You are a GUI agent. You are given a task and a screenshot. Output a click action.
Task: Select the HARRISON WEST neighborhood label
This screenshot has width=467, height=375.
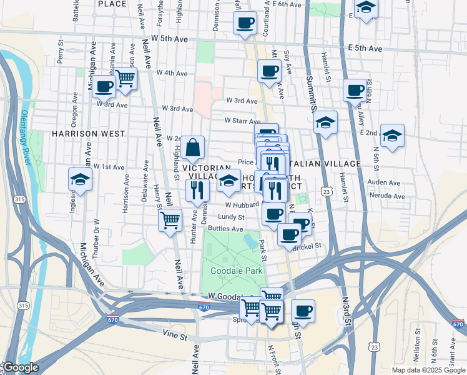click(88, 134)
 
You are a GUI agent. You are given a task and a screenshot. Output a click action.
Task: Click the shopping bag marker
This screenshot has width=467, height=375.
click(193, 148)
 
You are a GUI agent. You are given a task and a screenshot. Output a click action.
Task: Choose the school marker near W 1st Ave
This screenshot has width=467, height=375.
click(80, 179)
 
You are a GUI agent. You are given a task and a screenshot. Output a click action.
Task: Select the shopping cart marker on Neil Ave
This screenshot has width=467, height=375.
click(170, 221)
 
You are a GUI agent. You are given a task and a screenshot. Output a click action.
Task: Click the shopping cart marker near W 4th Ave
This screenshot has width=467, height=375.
click(125, 79)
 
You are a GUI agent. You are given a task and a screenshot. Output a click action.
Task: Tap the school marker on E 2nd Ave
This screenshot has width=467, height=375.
click(391, 135)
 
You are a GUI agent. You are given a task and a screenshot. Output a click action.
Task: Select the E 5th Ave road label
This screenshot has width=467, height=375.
click(365, 48)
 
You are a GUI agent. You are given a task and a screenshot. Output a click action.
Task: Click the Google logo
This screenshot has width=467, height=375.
click(21, 367)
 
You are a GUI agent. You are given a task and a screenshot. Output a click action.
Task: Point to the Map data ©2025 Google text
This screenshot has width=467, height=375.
click(428, 370)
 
